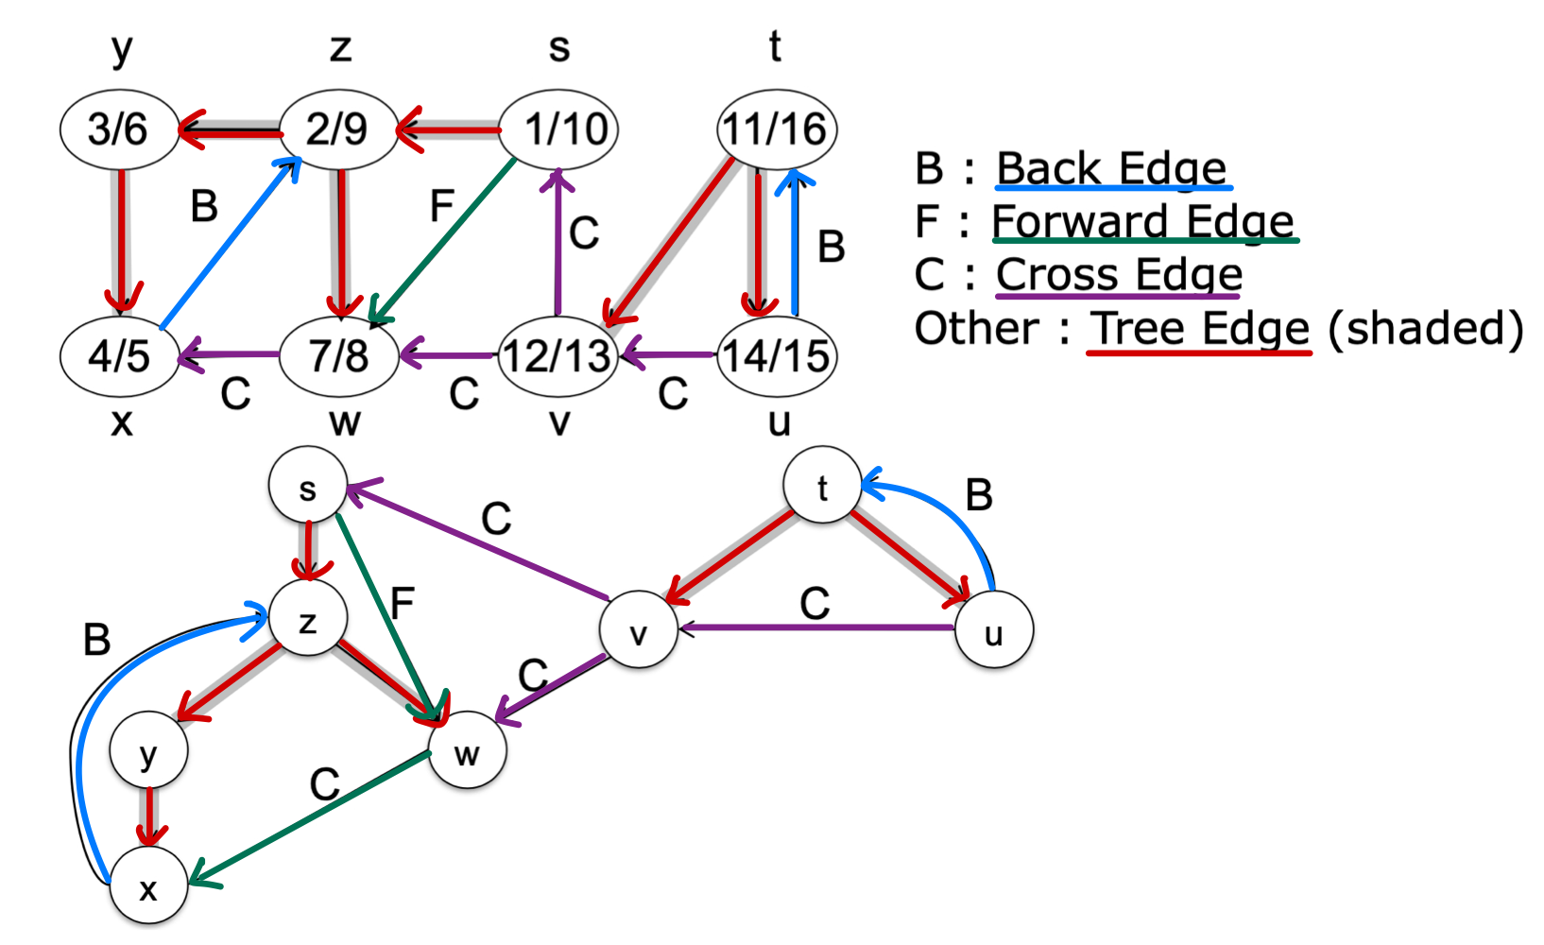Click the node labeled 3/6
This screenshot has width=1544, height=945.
coord(119,129)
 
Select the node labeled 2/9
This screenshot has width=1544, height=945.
coord(338,129)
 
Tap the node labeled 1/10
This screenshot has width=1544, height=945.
coord(558,129)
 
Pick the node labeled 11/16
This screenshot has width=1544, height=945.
coord(777,129)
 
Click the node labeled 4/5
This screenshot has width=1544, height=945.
coord(119,357)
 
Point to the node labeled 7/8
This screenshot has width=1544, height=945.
coord(338,357)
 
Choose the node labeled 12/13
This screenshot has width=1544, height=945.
coord(558,357)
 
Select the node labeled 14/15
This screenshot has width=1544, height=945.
coord(777,357)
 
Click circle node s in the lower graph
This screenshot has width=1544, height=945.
coord(307,488)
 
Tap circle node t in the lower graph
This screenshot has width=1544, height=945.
coord(822,488)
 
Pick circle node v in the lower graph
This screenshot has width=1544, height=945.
coord(639,630)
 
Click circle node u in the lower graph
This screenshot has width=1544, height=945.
coord(993,630)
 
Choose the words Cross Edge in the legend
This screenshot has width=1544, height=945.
coord(1119,275)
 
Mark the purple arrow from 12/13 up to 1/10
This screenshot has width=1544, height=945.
coord(558,246)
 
